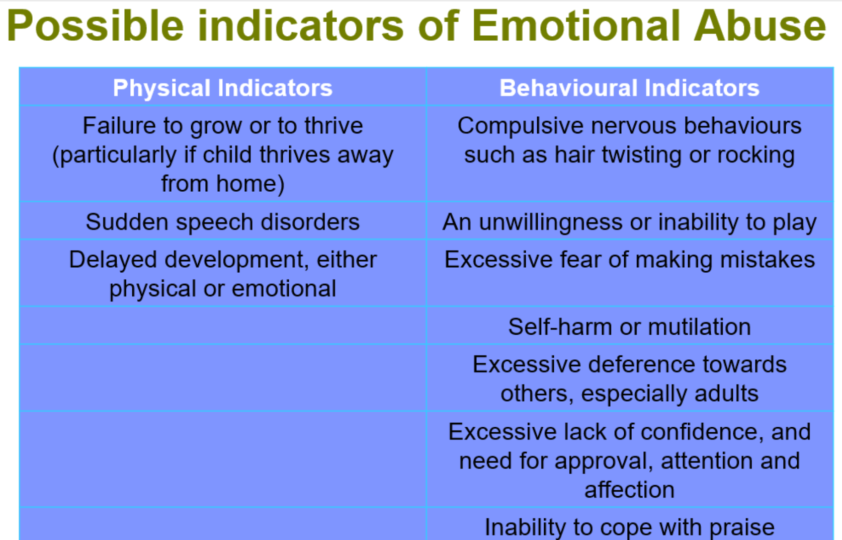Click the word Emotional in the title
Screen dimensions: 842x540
575,25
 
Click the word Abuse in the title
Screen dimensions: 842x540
760,25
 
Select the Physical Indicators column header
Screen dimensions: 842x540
222,88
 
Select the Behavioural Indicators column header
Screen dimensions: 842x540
630,88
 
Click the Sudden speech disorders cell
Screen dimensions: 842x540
222,221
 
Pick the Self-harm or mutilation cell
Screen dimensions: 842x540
630,326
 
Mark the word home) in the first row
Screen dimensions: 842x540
250,184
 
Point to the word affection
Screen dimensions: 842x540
630,490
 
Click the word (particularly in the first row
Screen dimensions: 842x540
114,155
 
